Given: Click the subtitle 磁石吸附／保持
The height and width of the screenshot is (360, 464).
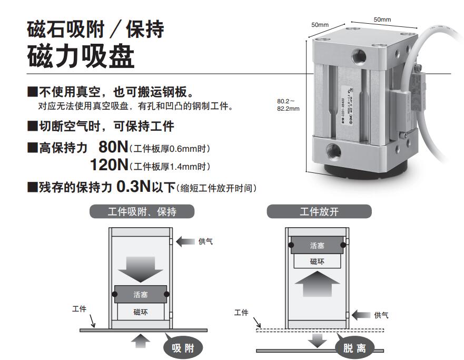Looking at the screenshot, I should click(95, 28).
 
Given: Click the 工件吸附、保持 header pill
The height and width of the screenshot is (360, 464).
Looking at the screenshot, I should click(142, 212).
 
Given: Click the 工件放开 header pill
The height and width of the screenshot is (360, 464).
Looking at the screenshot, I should click(319, 212).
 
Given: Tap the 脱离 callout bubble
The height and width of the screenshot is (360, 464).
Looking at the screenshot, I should click(354, 347).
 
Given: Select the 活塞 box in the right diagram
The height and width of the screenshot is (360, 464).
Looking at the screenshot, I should click(317, 245).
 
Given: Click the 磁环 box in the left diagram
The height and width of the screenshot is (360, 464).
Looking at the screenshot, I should click(141, 312).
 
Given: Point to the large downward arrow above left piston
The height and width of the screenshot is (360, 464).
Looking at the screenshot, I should click(140, 270).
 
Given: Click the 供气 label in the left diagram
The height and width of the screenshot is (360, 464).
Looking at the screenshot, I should click(205, 242).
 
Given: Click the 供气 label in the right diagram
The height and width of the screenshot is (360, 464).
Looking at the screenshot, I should click(381, 315).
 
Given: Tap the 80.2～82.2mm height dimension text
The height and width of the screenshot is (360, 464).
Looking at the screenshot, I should click(288, 105).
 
